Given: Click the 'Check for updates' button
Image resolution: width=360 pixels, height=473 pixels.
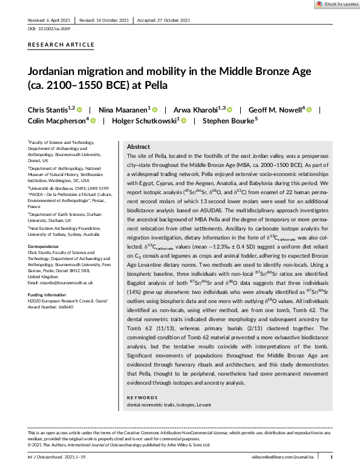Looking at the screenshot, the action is (x=335, y=4).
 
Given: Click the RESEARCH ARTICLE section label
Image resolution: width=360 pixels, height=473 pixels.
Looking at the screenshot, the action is (x=61, y=45).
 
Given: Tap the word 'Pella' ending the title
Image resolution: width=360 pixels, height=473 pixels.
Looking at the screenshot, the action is (x=154, y=85).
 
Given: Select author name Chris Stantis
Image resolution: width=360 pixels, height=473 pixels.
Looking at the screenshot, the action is (x=50, y=109).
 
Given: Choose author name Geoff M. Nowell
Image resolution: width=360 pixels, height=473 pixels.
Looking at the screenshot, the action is (x=271, y=109).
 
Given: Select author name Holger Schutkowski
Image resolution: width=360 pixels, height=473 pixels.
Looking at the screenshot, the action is (x=142, y=121).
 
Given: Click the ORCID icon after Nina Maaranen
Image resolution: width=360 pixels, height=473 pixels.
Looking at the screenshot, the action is (x=154, y=109).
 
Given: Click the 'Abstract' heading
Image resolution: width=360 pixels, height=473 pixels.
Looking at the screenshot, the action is (x=138, y=147).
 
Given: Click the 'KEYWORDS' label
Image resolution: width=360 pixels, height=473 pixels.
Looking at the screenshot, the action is (x=142, y=397).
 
